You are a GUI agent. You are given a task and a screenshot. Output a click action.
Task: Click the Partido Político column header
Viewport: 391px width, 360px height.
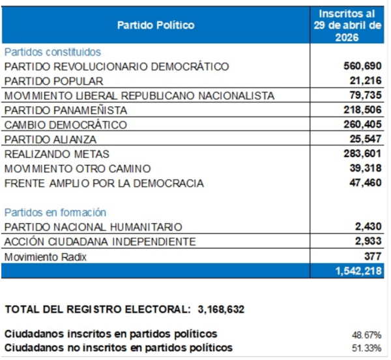pyautogui.click(x=156, y=25)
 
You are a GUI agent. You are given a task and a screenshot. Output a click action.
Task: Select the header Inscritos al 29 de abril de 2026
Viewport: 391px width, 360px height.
pyautogui.click(x=347, y=25)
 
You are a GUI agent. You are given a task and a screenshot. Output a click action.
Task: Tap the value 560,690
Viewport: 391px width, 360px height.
pyautogui.click(x=362, y=66)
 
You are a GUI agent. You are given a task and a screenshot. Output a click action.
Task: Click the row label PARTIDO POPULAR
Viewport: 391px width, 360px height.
pyautogui.click(x=54, y=82)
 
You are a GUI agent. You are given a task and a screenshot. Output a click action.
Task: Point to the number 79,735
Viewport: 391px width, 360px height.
pyautogui.click(x=366, y=95)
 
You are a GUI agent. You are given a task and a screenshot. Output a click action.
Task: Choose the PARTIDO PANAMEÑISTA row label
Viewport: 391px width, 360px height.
pyautogui.click(x=66, y=110)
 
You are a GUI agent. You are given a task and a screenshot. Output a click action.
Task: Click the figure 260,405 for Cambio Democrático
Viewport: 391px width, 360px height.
pyautogui.click(x=362, y=125)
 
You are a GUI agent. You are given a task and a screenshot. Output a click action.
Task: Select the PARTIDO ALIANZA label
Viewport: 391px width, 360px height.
pyautogui.click(x=50, y=140)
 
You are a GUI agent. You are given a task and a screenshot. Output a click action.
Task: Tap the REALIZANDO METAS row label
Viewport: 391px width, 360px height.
pyautogui.click(x=57, y=154)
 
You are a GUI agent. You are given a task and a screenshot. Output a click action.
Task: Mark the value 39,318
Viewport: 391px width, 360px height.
pyautogui.click(x=366, y=168)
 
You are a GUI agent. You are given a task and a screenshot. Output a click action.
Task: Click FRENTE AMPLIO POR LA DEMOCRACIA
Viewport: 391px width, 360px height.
pyautogui.click(x=104, y=183)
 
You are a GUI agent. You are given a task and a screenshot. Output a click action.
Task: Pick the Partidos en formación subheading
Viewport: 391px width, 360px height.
pyautogui.click(x=55, y=213)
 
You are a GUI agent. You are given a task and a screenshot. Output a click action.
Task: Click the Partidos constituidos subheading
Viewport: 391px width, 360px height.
pyautogui.click(x=53, y=52)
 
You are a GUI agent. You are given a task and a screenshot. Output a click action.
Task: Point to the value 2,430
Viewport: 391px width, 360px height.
pyautogui.click(x=368, y=226)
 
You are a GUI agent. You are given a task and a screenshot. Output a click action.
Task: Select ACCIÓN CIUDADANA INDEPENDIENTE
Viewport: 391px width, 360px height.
pyautogui.click(x=100, y=241)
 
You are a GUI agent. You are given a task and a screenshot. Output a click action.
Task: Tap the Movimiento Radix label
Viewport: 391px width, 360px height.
pyautogui.click(x=46, y=257)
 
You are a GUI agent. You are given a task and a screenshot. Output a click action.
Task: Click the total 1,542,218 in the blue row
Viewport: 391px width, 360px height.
pyautogui.click(x=358, y=271)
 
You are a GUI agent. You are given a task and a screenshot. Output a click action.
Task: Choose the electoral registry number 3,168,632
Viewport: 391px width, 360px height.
pyautogui.click(x=221, y=309)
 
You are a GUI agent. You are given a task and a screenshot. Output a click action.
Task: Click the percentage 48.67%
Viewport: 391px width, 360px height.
pyautogui.click(x=366, y=335)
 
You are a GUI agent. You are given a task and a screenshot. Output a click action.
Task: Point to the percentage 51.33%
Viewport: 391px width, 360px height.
pyautogui.click(x=366, y=348)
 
